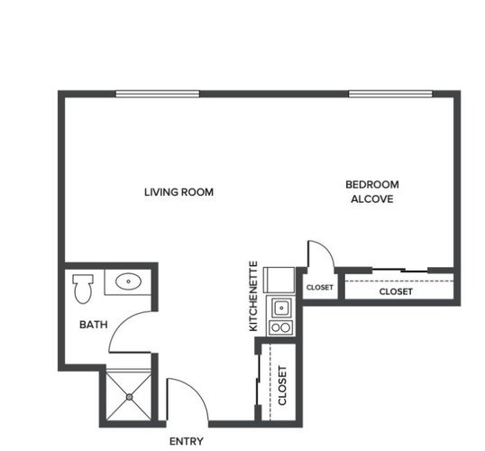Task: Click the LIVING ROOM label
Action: click(x=178, y=192)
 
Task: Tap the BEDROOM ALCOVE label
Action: click(x=372, y=192)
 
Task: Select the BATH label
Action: click(x=94, y=325)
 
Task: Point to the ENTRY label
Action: click(x=187, y=441)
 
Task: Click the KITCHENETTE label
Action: click(x=253, y=296)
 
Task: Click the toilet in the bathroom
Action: click(x=83, y=289)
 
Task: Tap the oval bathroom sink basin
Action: click(x=128, y=281)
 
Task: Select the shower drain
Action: click(x=129, y=397)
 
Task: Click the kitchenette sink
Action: click(x=281, y=308)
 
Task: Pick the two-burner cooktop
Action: click(x=281, y=327)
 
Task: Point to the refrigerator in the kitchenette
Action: click(x=279, y=280)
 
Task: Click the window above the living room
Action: click(x=158, y=94)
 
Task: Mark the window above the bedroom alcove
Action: click(x=390, y=94)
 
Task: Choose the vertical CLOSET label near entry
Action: click(x=282, y=385)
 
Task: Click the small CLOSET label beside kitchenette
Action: click(x=319, y=287)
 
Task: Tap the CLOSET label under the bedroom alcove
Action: click(x=396, y=291)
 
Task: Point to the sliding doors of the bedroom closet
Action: click(x=399, y=271)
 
